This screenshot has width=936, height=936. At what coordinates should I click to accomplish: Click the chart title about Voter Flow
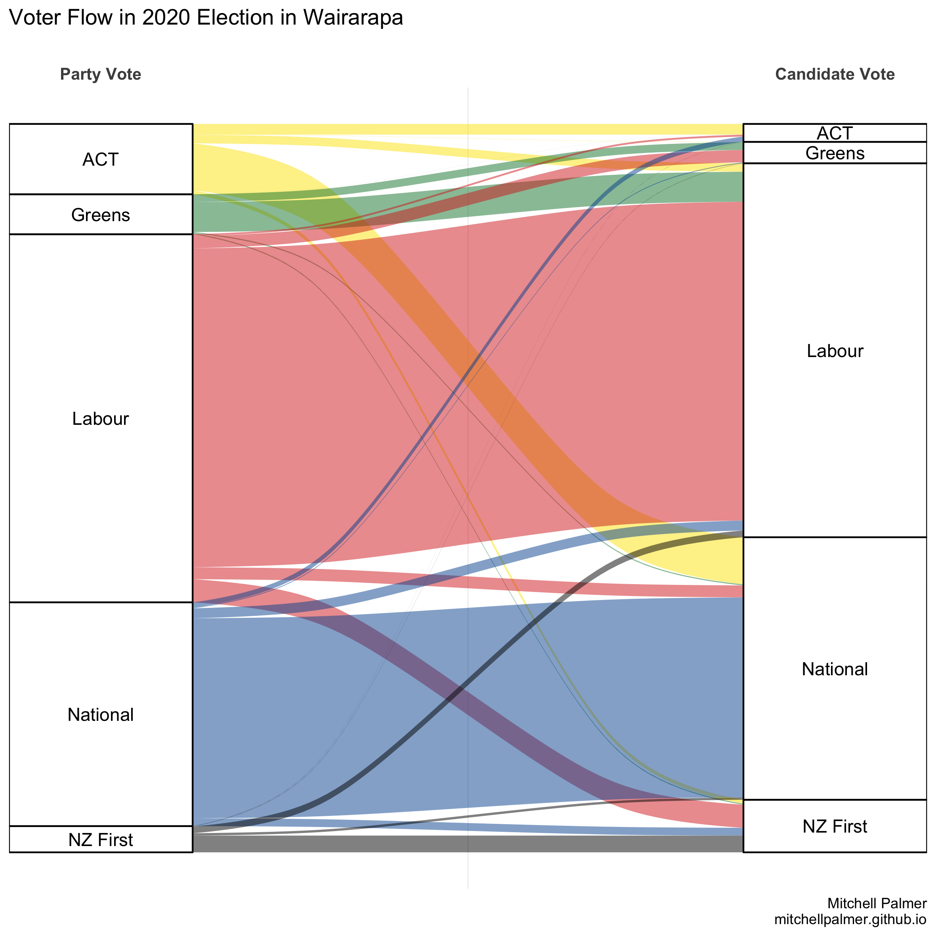pyautogui.click(x=206, y=18)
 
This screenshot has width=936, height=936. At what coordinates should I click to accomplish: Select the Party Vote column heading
pyautogui.click(x=100, y=74)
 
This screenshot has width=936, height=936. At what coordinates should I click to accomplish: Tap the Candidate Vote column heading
pyautogui.click(x=835, y=74)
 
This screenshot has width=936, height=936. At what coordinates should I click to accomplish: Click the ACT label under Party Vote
pyautogui.click(x=100, y=159)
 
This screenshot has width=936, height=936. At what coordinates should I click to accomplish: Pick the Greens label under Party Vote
pyautogui.click(x=100, y=215)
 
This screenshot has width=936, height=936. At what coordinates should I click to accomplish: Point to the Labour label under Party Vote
pyautogui.click(x=100, y=418)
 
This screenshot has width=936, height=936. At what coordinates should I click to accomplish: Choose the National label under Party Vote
pyautogui.click(x=100, y=714)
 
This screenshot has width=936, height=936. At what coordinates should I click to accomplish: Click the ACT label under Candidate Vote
pyautogui.click(x=835, y=133)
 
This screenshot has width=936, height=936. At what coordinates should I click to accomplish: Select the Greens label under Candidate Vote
pyautogui.click(x=835, y=153)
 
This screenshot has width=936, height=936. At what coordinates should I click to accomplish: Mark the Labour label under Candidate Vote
pyautogui.click(x=835, y=351)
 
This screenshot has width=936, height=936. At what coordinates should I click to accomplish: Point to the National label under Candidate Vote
pyautogui.click(x=835, y=669)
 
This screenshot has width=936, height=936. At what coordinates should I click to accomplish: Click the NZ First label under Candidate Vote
pyautogui.click(x=835, y=826)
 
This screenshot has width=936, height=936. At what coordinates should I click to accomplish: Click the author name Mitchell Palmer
pyautogui.click(x=877, y=903)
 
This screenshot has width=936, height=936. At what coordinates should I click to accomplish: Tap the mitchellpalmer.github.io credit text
pyautogui.click(x=850, y=919)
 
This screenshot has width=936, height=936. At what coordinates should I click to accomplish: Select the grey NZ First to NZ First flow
pyautogui.click(x=468, y=843)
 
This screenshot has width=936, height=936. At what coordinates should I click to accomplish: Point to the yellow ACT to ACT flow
pyautogui.click(x=468, y=129)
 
